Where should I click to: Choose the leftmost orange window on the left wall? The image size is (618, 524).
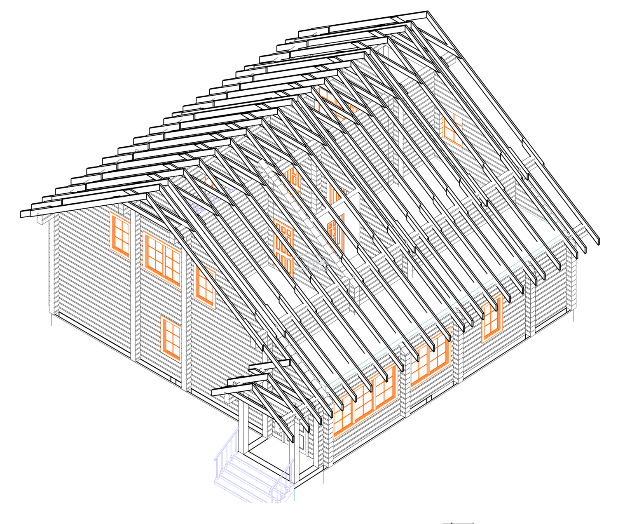120,233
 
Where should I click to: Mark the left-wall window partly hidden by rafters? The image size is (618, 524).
205,287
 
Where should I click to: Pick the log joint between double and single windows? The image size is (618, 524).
457,350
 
